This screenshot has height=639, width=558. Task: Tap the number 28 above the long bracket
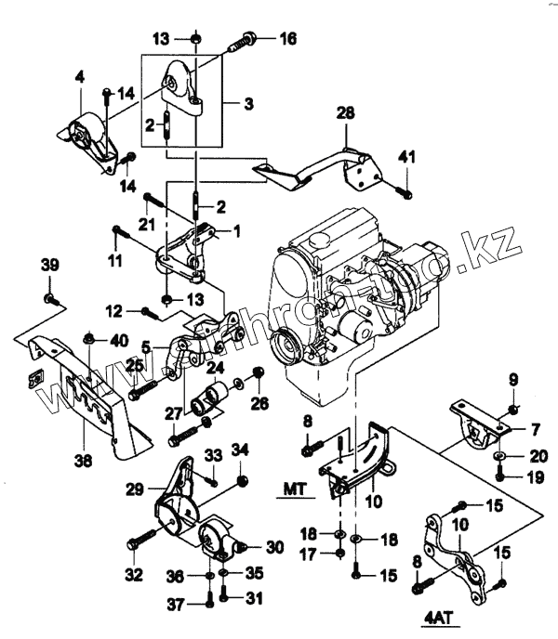(346, 113)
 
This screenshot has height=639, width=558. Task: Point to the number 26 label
(259, 402)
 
